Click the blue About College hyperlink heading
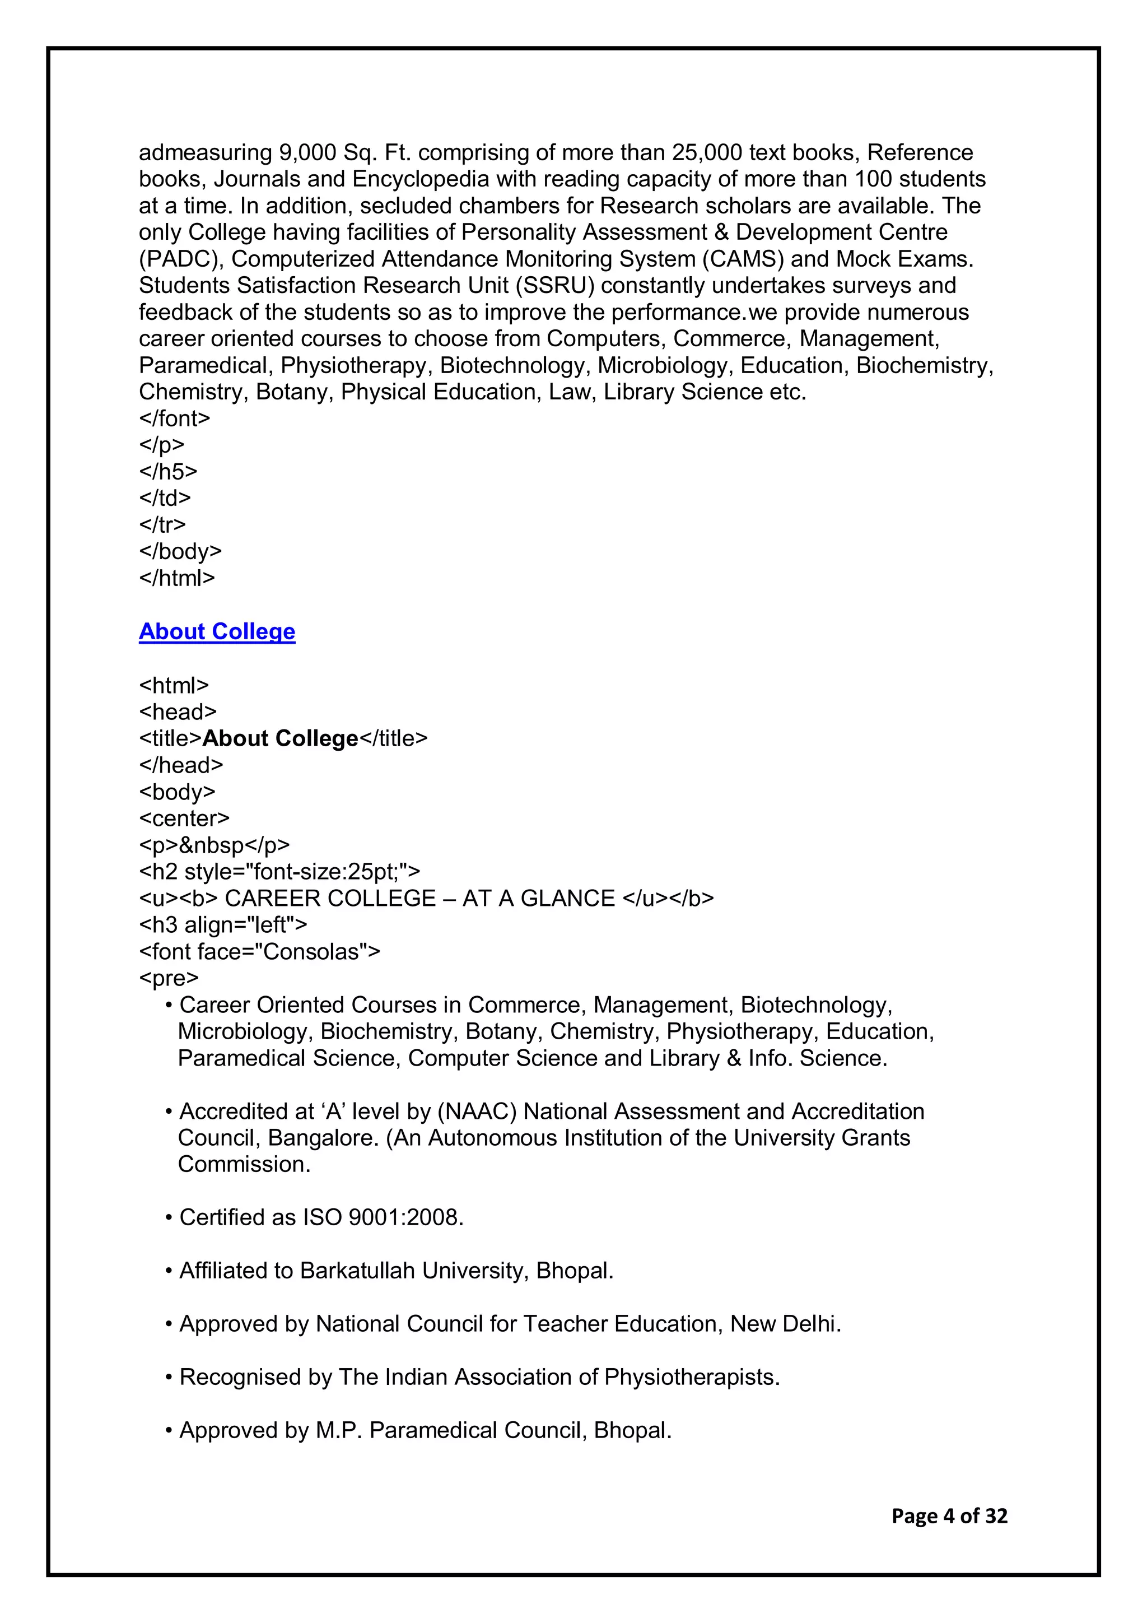pos(216,631)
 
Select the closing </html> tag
pos(176,578)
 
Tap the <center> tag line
pos(184,818)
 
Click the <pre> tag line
pos(169,978)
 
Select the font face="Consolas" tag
pos(259,951)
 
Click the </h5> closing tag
pos(168,472)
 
